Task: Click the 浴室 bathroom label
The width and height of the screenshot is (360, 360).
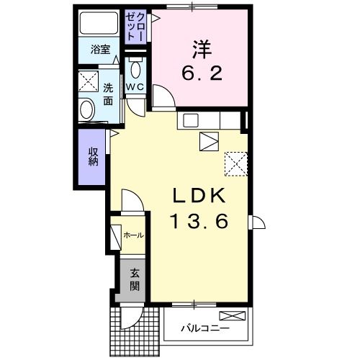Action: pos(100,50)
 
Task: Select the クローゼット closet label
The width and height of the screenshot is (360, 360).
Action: pos(135,27)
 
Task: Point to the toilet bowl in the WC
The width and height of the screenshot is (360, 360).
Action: pos(135,69)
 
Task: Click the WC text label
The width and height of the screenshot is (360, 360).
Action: pos(135,87)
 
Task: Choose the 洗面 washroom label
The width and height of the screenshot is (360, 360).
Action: pos(108,95)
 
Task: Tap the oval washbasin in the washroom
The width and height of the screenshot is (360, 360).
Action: pos(86,110)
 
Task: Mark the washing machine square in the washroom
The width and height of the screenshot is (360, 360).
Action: pos(89,81)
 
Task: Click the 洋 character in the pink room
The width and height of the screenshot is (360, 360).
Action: pos(202,50)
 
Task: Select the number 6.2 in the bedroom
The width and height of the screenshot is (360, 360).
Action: pos(202,73)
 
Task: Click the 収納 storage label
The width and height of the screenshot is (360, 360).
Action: pos(94,156)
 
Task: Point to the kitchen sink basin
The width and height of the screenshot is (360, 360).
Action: pos(191,120)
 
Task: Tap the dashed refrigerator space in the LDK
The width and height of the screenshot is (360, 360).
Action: pos(236,164)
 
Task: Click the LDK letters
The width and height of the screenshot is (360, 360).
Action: pos(199,196)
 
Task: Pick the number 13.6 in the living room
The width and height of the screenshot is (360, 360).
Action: pos(199,221)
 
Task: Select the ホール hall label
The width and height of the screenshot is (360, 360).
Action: pos(133,235)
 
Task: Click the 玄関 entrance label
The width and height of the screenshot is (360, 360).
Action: pos(135,279)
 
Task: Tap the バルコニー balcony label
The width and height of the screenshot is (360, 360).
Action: pos(205,328)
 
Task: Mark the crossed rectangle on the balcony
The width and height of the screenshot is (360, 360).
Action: pos(233,315)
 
